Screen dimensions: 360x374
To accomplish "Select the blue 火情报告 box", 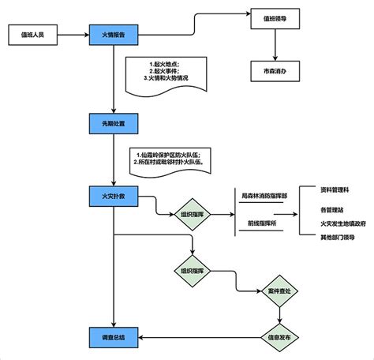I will [x=114, y=36].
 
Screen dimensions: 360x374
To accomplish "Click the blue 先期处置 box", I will [x=114, y=122].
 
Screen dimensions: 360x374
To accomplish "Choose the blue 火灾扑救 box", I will [x=114, y=195].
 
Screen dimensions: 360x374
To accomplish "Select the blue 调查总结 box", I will [x=114, y=337].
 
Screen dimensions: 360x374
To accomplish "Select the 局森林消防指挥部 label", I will [x=264, y=194].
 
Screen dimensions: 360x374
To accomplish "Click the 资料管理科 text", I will [x=338, y=190].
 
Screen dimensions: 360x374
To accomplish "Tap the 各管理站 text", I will [x=332, y=210].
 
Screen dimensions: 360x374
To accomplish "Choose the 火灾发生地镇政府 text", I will [x=342, y=223].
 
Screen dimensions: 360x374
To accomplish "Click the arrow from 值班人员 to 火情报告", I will [x=72, y=36].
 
